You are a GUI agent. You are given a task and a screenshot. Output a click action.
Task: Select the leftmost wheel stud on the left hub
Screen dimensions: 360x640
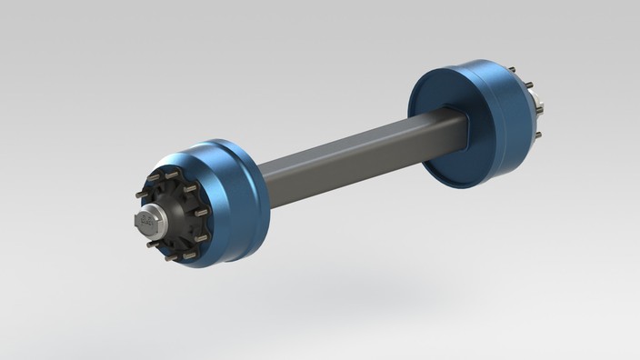(x=139, y=195)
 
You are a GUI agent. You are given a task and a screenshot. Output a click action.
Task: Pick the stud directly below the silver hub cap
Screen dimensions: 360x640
(x=150, y=244)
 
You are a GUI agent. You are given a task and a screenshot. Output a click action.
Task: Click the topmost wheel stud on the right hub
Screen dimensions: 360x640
(x=513, y=70)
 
